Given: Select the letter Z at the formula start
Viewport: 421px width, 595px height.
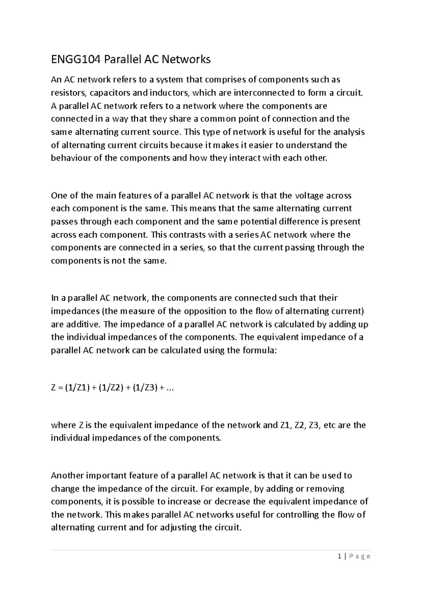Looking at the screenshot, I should (54, 388).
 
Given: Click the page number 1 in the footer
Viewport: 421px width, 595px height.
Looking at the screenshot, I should (339, 556).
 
